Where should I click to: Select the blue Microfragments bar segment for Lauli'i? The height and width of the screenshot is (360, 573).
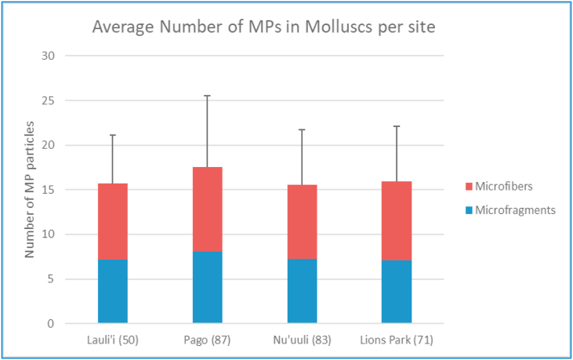[x=113, y=291]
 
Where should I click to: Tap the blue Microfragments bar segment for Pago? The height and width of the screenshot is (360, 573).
[x=208, y=287]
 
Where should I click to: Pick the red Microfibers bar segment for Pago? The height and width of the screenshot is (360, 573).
[x=208, y=209]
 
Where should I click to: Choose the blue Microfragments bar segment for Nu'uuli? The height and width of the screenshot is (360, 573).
[x=302, y=290]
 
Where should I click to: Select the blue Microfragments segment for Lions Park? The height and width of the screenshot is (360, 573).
[x=397, y=291]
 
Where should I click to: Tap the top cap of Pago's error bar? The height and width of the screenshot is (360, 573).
[x=208, y=96]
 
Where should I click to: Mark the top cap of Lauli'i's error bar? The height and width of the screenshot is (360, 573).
[x=113, y=135]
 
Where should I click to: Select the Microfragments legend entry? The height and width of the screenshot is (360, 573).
[x=511, y=209]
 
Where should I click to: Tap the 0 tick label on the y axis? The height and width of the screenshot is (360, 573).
[x=53, y=323]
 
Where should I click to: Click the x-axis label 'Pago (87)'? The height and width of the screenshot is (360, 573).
[x=208, y=340]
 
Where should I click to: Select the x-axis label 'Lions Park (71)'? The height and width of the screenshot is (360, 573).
[x=397, y=340]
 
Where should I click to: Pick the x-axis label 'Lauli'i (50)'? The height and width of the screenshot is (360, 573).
[x=113, y=340]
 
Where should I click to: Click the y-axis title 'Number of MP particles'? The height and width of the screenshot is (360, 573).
[x=30, y=190]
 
